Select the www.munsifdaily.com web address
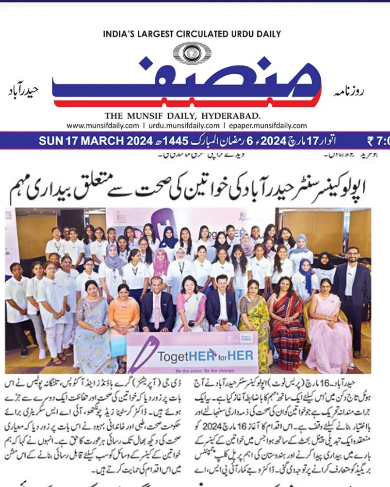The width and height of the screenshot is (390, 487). point(102,125)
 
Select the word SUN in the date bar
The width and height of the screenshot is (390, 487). point(49,141)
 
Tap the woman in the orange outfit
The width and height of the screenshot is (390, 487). point(123,310)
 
